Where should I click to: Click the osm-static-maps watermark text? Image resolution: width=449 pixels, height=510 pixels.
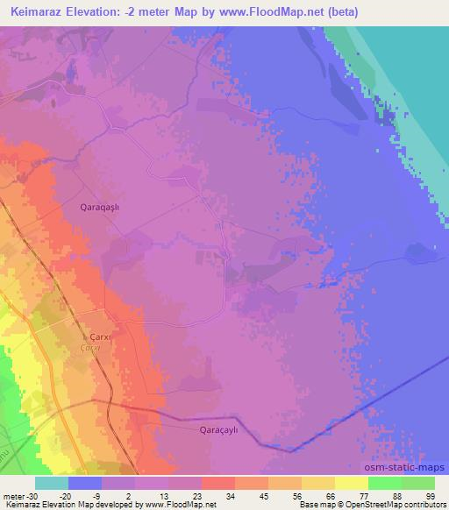pos(410,467)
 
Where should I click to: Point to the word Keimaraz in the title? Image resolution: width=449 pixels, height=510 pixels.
pos(42,13)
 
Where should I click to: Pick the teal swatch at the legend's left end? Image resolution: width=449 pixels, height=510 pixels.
pos(53,483)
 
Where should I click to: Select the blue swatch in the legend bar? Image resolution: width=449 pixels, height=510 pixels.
pos(86,483)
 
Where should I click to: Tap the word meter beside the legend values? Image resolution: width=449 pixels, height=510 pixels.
pos(13,495)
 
